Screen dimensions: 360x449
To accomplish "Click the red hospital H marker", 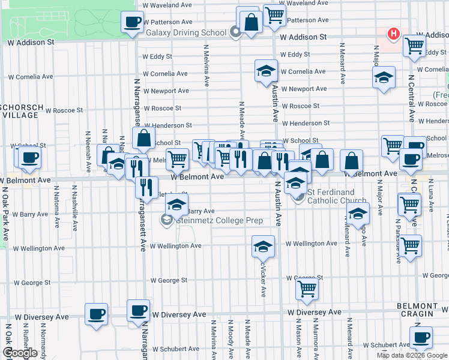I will (394, 34).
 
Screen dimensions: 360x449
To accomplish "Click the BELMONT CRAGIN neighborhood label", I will (422, 310).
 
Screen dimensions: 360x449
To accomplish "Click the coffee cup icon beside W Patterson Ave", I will (132, 23).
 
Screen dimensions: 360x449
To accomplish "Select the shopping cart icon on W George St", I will (307, 289).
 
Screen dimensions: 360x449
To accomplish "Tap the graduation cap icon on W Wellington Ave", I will (263, 246).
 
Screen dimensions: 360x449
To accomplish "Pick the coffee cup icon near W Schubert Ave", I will (421, 337).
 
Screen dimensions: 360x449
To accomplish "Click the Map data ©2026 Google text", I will (412, 355).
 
